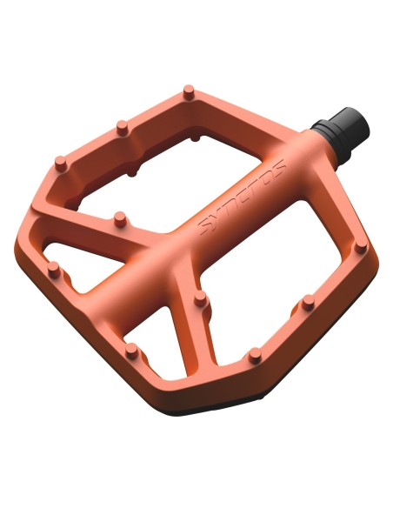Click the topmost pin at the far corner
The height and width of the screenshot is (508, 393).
click(x=189, y=92)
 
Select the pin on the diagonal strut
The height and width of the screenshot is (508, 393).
click(x=120, y=218)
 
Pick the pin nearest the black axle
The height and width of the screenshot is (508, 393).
click(x=361, y=247)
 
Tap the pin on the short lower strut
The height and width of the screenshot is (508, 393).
click(x=201, y=298)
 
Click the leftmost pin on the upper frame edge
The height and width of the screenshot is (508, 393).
click(x=61, y=164)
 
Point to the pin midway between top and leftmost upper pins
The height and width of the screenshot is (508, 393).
click(x=123, y=128)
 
